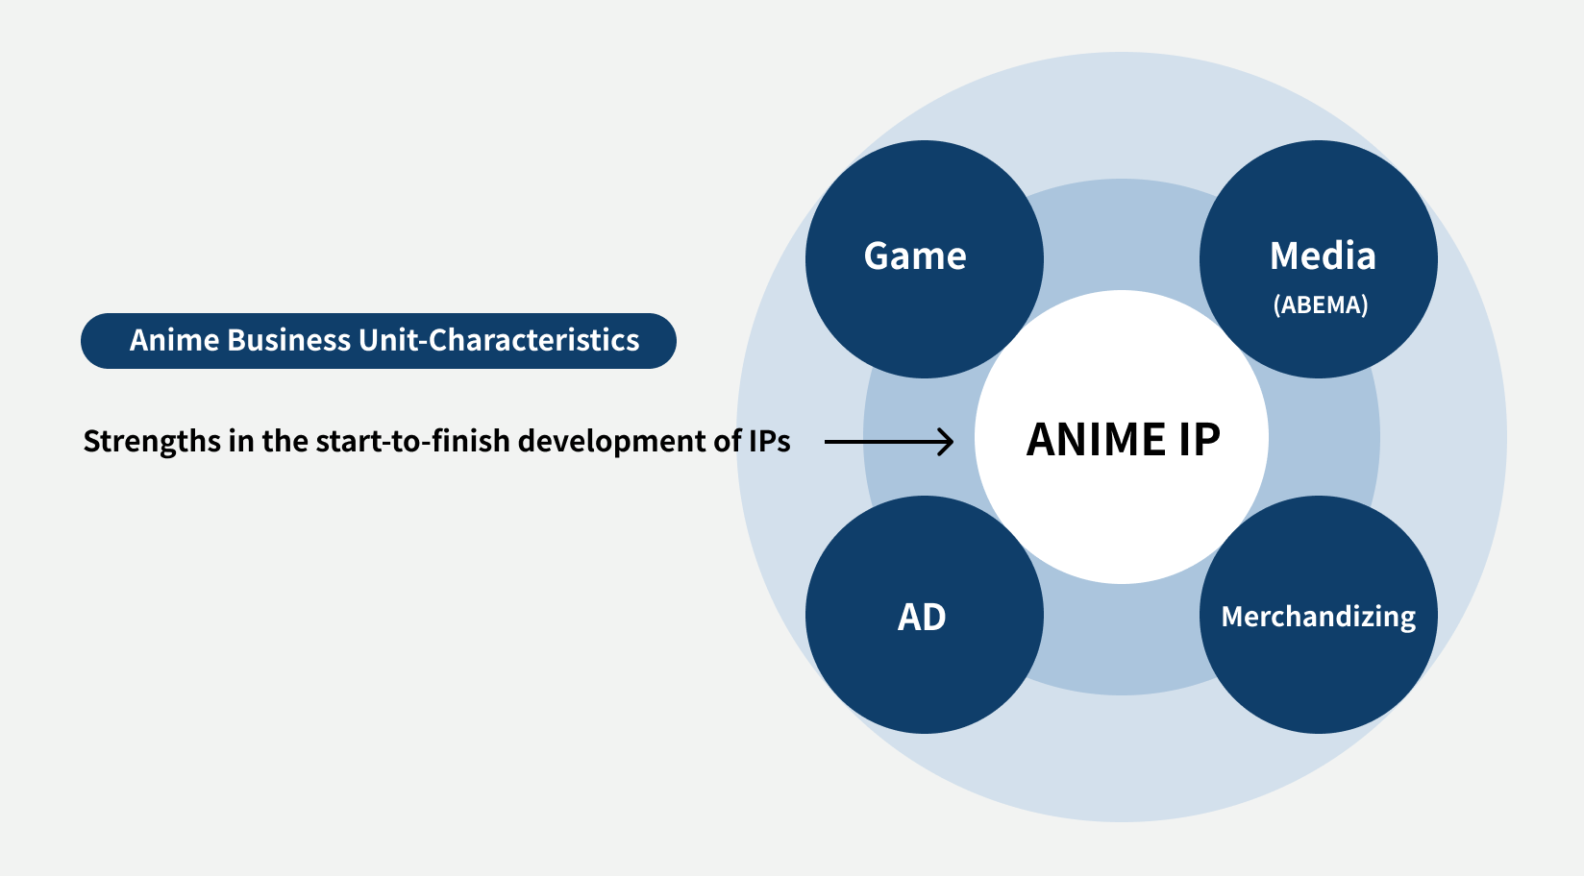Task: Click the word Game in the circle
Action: click(x=914, y=255)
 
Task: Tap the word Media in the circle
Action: click(x=1323, y=255)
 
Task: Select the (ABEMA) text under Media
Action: click(x=1321, y=304)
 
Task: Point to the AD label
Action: click(x=922, y=617)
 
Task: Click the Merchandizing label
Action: click(x=1318, y=617)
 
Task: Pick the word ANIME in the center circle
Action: click(x=1096, y=439)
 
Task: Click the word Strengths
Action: click(x=152, y=442)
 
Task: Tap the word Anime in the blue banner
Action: click(x=174, y=341)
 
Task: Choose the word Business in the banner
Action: click(x=288, y=341)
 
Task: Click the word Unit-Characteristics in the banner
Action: click(x=499, y=341)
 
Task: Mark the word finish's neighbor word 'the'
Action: click(x=285, y=441)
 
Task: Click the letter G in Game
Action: click(x=877, y=255)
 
